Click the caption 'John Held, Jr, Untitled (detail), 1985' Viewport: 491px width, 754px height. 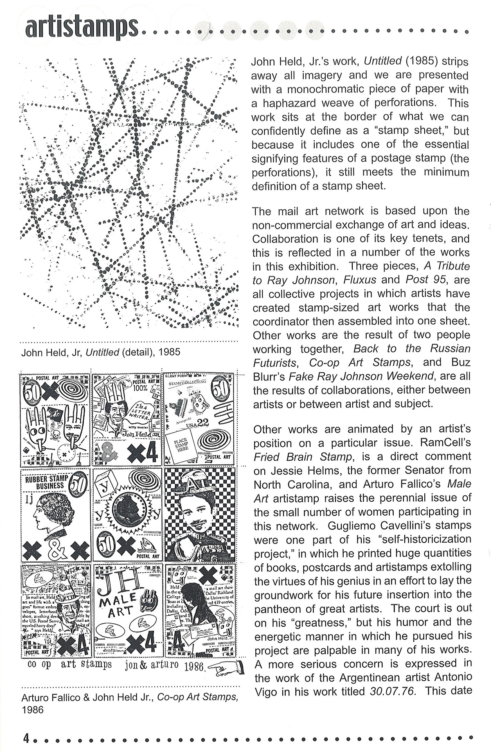(x=101, y=352)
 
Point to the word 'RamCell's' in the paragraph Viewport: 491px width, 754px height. (x=448, y=443)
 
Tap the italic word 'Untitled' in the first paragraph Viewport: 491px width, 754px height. (x=383, y=61)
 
